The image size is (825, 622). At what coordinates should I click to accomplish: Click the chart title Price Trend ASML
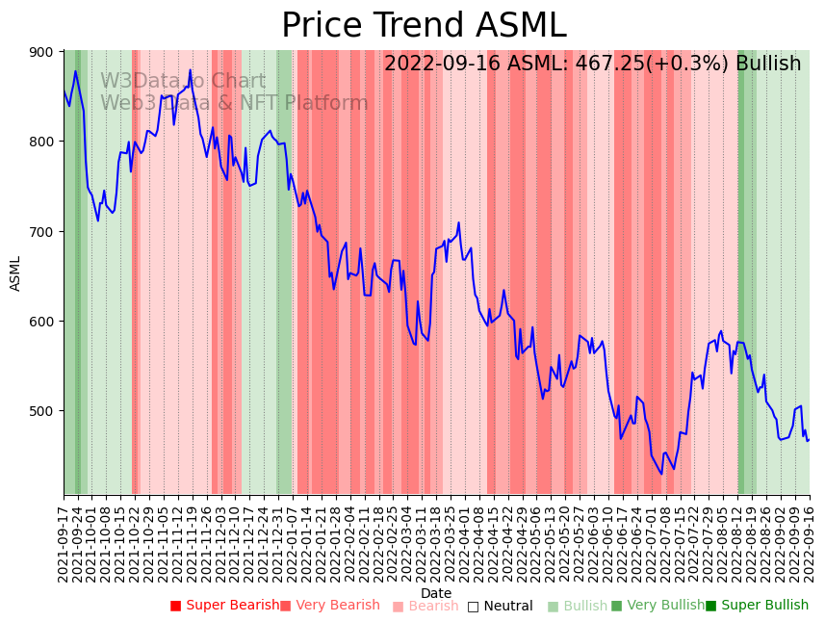(424, 26)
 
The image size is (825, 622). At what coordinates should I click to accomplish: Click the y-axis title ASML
(15, 273)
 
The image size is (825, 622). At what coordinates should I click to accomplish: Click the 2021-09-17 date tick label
(64, 541)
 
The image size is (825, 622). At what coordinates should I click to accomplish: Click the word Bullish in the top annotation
(768, 65)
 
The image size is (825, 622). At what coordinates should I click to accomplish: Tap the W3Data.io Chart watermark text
(183, 82)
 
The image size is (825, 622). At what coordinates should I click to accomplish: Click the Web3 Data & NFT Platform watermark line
(234, 103)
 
